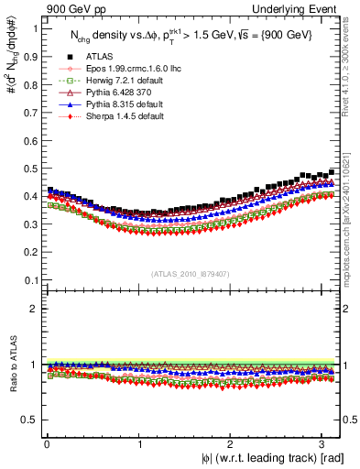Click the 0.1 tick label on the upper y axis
coord(28,280)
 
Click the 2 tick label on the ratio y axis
coord(32,309)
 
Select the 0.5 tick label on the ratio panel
coord(28,420)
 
